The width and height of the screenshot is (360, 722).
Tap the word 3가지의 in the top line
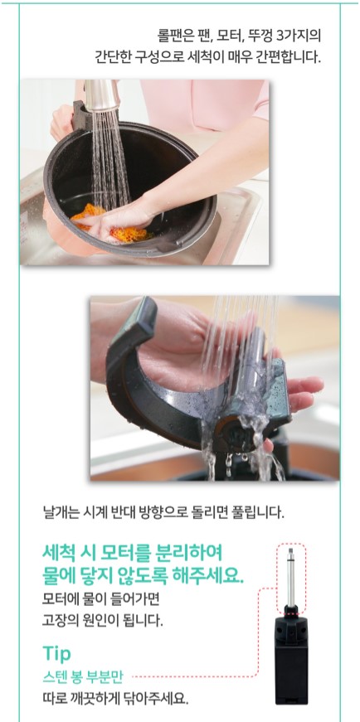point(301,35)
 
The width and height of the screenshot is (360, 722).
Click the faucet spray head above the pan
point(102,95)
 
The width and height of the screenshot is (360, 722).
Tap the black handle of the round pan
point(82,114)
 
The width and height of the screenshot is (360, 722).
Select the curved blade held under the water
point(193,396)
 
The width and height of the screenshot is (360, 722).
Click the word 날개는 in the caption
point(56,512)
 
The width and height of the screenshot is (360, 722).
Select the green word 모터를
point(121,551)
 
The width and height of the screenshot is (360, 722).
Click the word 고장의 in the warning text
point(57,620)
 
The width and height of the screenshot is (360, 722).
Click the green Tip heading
point(56,654)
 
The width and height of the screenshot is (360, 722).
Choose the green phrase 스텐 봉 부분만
point(85,677)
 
